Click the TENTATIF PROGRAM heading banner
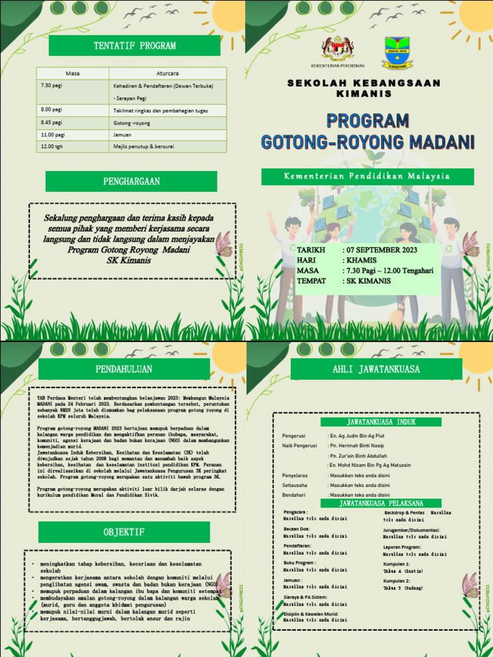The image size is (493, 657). [134, 46]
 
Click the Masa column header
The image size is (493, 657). [73, 73]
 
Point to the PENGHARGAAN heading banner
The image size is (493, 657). [131, 182]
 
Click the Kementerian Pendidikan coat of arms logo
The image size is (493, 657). [337, 49]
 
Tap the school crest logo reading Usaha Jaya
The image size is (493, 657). [398, 52]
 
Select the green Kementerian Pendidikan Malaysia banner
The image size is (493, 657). [367, 176]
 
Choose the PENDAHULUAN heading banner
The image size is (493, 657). [124, 369]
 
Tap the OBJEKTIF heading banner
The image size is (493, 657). [124, 532]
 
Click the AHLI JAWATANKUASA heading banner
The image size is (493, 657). [376, 369]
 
